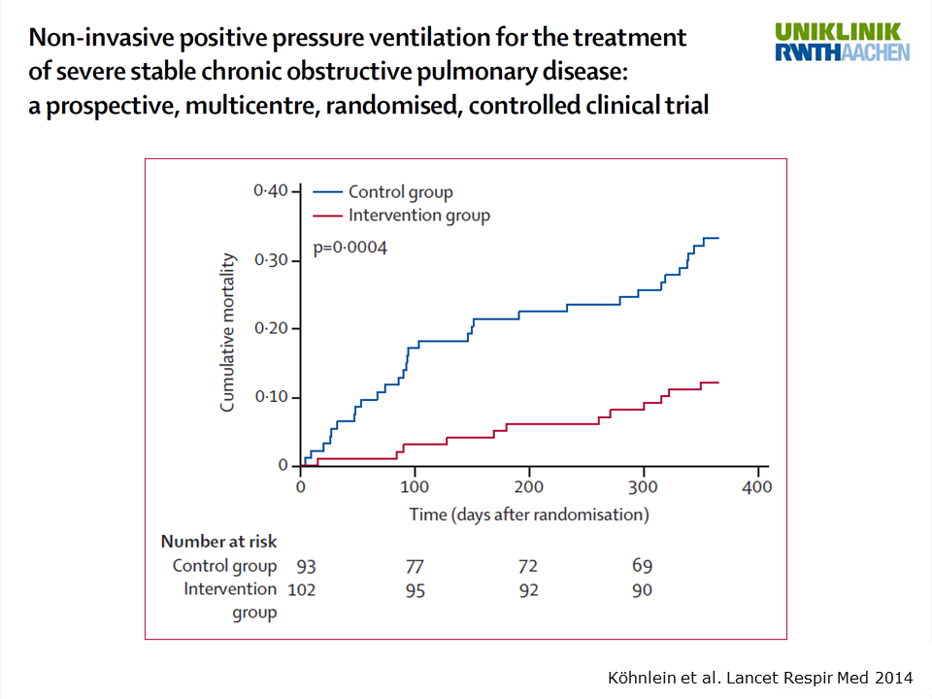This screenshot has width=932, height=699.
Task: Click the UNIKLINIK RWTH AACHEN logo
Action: point(843,42)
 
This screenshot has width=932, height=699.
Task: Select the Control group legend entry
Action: point(400,192)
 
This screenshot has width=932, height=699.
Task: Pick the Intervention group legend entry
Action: point(418,216)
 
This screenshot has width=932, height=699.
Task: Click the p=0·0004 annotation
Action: point(349,249)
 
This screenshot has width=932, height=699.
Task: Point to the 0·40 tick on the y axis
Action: point(271,191)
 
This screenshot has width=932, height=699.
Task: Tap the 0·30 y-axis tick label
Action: point(271,260)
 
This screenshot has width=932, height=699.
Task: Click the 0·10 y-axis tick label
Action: point(271,397)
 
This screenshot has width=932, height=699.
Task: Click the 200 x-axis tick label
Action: point(529,486)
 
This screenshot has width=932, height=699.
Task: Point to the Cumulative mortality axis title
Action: point(228,332)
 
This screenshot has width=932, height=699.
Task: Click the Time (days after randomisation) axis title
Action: point(528,514)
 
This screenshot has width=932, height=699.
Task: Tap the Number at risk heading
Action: point(218,542)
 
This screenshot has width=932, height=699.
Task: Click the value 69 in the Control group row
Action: point(642,566)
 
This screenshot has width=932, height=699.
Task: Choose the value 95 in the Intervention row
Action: point(414,589)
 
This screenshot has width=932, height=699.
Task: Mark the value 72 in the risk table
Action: point(527,566)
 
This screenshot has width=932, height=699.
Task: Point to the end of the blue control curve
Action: point(717,238)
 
